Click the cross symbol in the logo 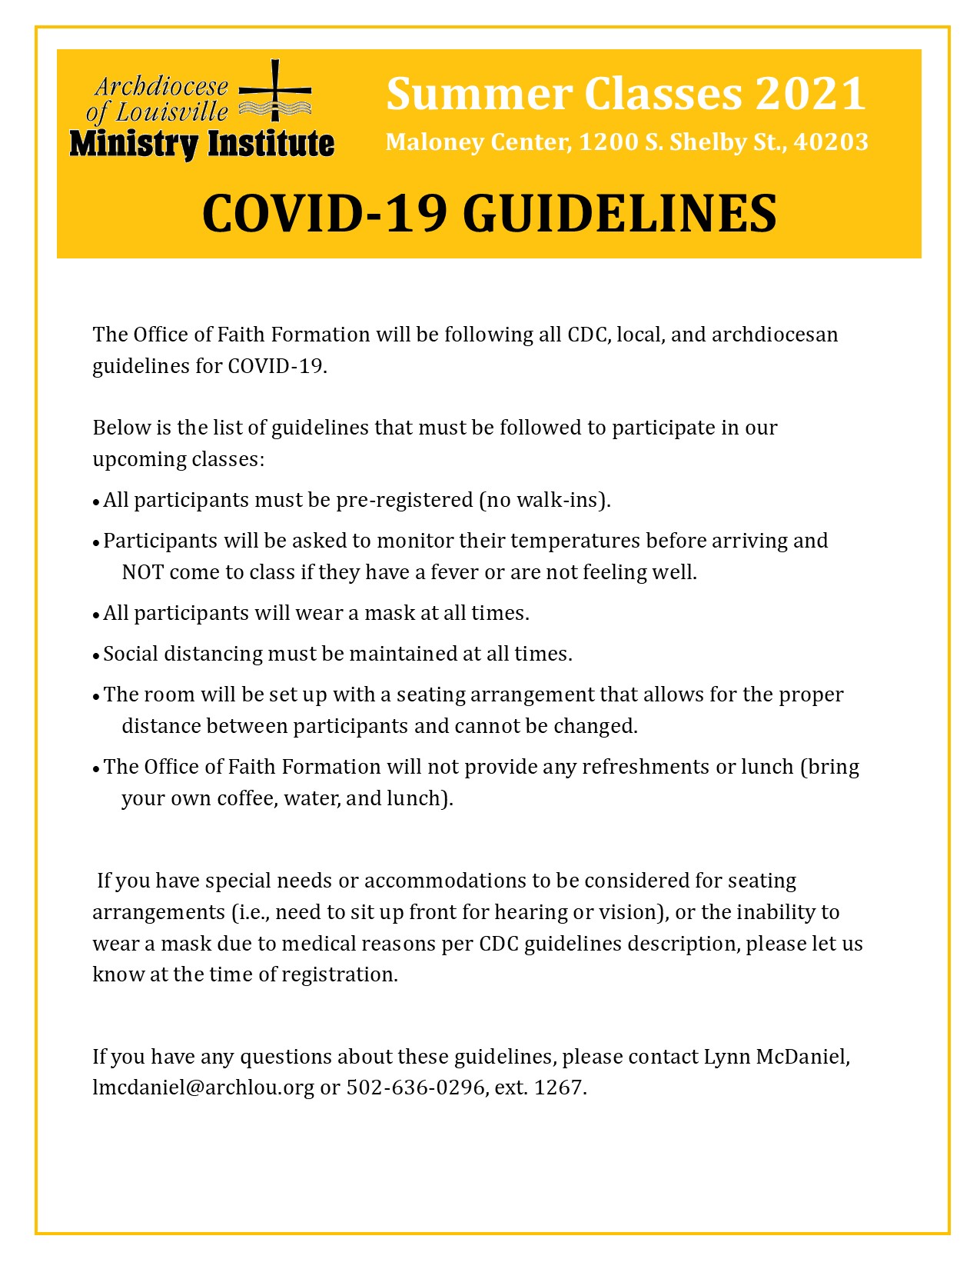point(275,91)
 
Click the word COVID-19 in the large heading point(324,213)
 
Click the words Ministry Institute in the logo point(201,144)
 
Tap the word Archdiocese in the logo point(162,86)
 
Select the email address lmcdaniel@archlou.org point(203,1087)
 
